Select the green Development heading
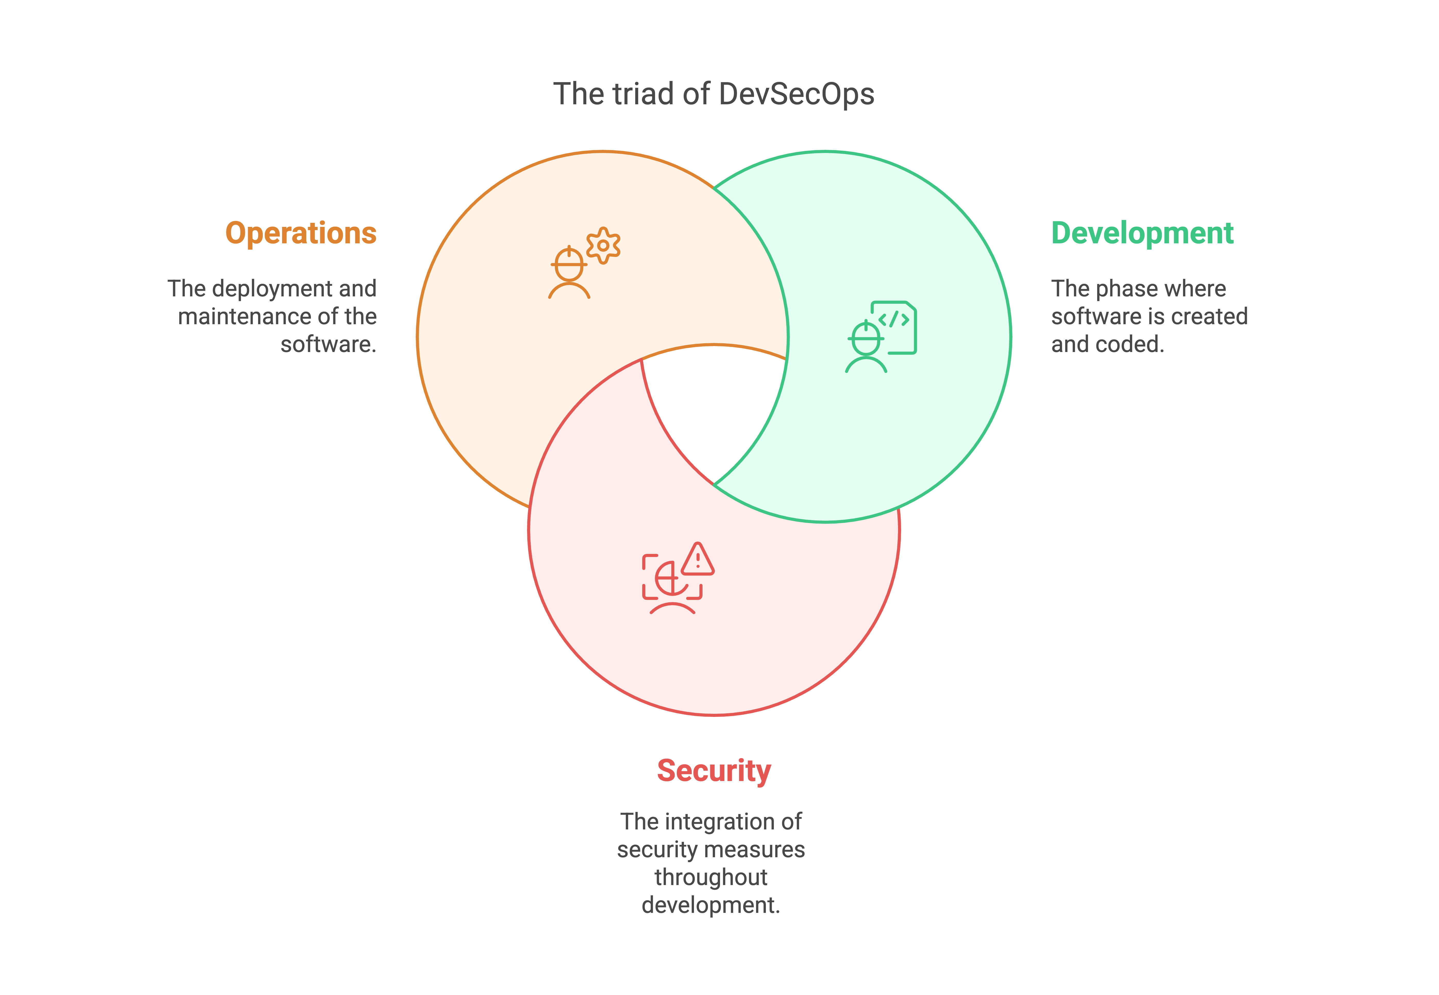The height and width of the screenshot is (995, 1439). (1142, 233)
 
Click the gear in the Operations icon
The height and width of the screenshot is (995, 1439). (603, 246)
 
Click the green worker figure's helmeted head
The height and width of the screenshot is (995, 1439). (866, 339)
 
